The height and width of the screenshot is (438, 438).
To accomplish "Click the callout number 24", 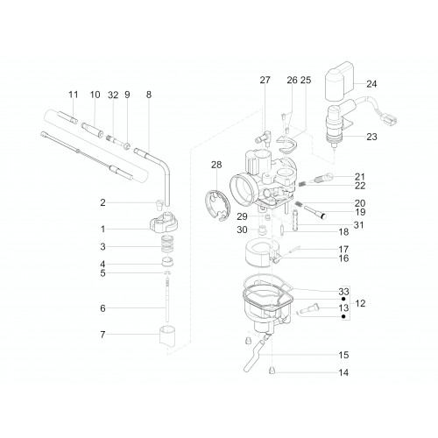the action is [371, 84].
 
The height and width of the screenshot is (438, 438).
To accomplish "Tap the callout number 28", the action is [216, 165].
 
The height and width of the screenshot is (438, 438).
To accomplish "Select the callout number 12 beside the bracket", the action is [361, 303].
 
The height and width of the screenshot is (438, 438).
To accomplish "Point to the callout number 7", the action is [102, 335].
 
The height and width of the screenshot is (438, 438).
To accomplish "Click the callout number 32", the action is [113, 95].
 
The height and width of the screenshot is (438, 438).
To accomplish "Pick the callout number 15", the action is [343, 355].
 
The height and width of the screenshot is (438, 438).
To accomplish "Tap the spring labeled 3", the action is [167, 245].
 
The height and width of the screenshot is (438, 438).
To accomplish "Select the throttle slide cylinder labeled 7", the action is [167, 336].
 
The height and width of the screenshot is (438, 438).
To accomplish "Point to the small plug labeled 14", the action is [272, 371].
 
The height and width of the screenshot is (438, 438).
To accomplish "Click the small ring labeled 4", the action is [168, 262].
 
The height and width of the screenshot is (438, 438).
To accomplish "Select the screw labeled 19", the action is [311, 212].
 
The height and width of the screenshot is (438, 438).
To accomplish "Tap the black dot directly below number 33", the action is [343, 299].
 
